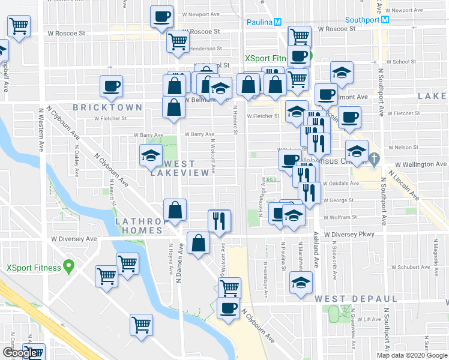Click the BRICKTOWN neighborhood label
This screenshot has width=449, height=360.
[x=107, y=107]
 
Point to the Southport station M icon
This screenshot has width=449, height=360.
[x=385, y=19]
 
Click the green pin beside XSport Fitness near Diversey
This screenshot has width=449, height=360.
[x=69, y=265]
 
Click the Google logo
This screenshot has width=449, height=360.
[x=19, y=353]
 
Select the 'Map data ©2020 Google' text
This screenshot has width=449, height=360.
[x=412, y=355]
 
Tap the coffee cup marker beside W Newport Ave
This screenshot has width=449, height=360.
[x=161, y=17]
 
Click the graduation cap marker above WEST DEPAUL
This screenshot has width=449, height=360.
[x=301, y=283]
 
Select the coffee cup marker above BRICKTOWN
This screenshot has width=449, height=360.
[x=111, y=86]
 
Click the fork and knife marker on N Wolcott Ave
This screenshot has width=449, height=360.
[x=219, y=220]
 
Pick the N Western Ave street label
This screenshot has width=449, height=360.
[x=41, y=129]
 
